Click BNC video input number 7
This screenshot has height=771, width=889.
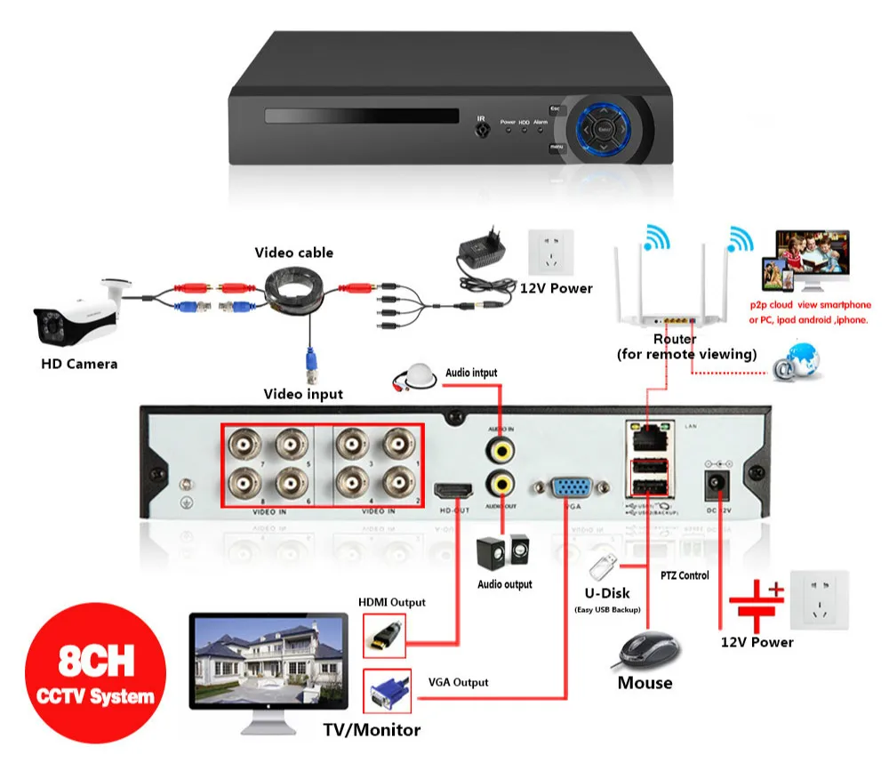[241, 443]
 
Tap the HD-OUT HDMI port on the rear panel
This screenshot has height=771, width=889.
[453, 490]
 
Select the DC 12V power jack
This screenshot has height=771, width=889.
[716, 484]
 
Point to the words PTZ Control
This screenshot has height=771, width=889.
[685, 575]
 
